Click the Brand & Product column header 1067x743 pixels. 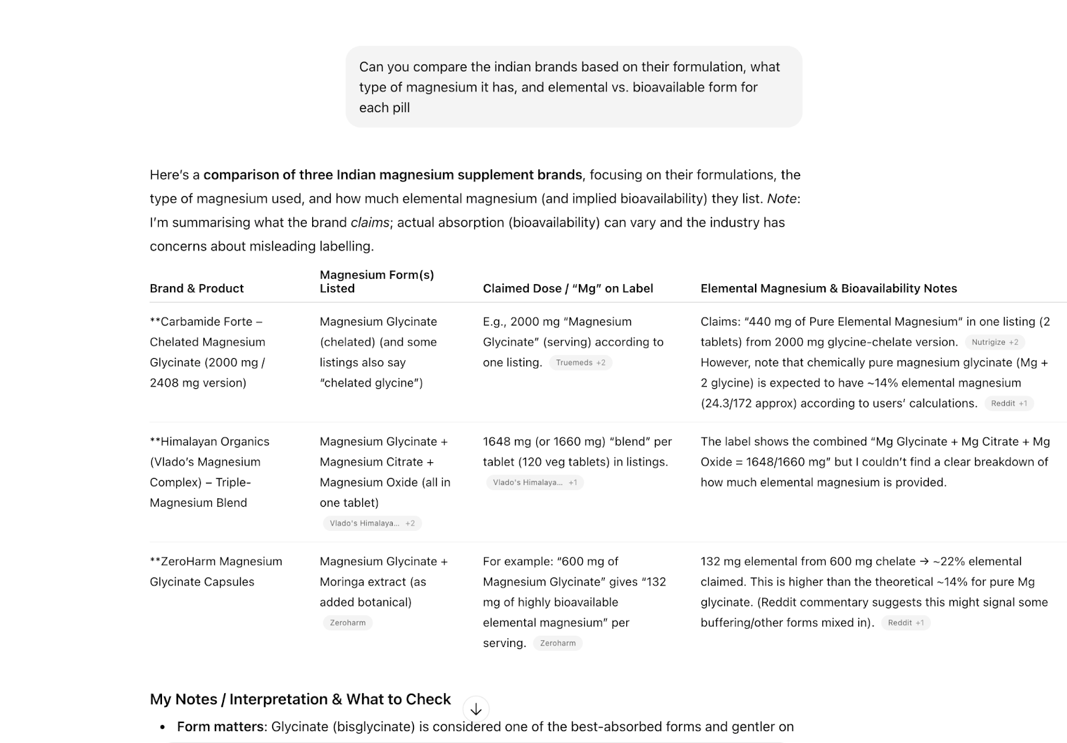[x=197, y=288]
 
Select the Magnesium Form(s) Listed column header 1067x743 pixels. [x=377, y=281]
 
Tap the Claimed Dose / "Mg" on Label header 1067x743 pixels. [x=568, y=288]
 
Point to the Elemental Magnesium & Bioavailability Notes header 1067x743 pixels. [x=828, y=288]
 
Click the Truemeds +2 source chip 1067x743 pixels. [x=580, y=363]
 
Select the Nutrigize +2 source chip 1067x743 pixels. [x=994, y=342]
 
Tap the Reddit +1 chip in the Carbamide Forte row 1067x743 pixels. [x=1008, y=404]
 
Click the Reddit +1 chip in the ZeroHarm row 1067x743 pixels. [x=905, y=623]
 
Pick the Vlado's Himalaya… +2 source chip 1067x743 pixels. [x=371, y=524]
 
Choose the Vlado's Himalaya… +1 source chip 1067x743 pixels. [x=534, y=483]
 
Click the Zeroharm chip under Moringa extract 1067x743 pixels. [x=347, y=623]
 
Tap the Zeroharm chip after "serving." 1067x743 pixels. [x=558, y=644]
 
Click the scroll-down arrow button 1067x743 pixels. [x=475, y=709]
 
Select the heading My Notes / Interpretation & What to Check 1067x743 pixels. [x=300, y=699]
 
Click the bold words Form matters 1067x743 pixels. [x=220, y=726]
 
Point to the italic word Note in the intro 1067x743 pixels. [x=782, y=199]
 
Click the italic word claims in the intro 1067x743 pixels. [x=369, y=223]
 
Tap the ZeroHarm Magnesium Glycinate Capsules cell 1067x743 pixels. [x=215, y=572]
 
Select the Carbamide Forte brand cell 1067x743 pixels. [x=207, y=352]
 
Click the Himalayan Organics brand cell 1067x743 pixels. [x=209, y=472]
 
